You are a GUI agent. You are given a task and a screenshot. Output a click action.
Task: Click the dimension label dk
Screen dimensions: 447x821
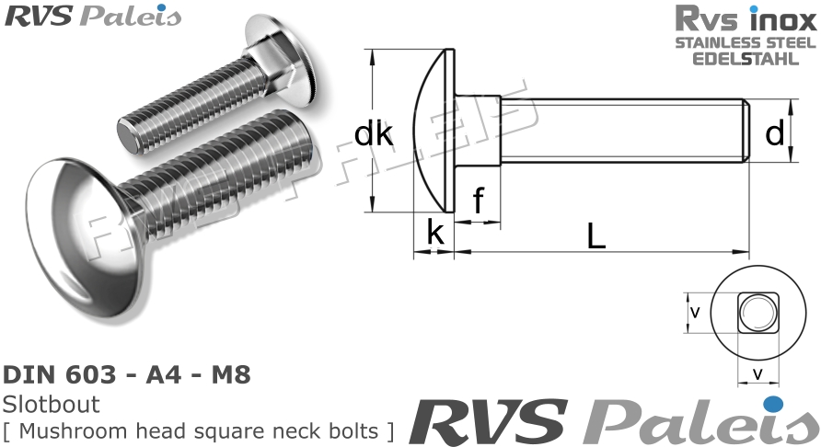tap(374, 134)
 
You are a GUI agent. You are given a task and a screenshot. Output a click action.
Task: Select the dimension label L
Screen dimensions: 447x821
tap(596, 236)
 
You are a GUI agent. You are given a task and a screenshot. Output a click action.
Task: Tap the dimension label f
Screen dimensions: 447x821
tap(478, 201)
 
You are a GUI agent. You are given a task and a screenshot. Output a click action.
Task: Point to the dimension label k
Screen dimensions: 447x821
tap(435, 234)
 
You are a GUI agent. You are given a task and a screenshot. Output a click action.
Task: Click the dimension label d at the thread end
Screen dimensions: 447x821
tap(775, 134)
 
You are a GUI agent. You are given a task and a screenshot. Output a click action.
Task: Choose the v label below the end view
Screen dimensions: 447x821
tap(757, 373)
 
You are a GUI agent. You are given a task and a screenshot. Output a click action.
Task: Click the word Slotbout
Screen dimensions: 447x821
tap(51, 404)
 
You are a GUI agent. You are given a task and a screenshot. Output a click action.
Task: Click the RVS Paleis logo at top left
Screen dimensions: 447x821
tap(92, 16)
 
